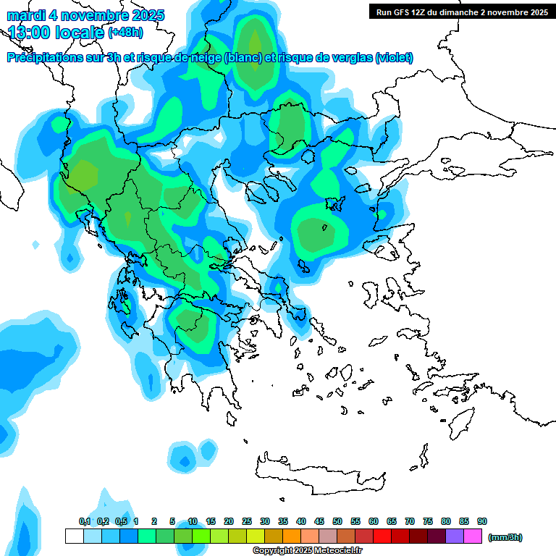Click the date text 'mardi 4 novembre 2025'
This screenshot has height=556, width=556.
[x=85, y=15]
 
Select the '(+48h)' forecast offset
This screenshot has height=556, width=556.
[x=125, y=33]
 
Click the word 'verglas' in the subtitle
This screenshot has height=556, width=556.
[x=350, y=58]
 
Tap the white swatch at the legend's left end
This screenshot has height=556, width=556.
[x=74, y=536]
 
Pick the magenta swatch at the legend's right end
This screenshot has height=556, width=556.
[x=473, y=536]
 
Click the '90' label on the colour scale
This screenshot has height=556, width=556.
[x=482, y=522]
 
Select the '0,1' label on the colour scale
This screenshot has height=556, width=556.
[x=85, y=522]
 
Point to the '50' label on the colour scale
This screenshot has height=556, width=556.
[x=337, y=522]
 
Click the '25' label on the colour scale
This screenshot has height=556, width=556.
[x=247, y=522]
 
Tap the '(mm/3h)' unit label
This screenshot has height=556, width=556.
[x=505, y=537]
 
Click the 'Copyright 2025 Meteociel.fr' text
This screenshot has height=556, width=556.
[x=307, y=551]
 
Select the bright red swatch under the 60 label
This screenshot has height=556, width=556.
[x=382, y=536]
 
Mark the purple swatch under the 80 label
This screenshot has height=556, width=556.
[x=455, y=536]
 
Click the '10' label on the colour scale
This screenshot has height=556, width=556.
[x=193, y=522]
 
